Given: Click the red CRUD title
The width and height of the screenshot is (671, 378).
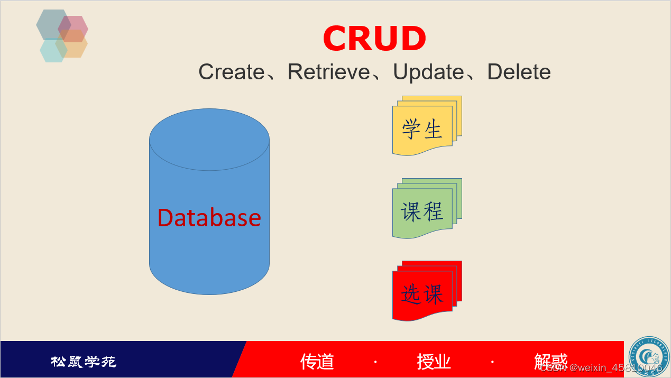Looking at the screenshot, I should tap(374, 39).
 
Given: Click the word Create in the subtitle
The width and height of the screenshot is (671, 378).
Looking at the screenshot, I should tap(231, 72).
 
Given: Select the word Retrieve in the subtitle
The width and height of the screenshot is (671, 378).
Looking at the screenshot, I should tap(328, 72).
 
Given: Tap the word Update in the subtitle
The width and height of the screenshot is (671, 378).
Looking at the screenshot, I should tap(428, 72).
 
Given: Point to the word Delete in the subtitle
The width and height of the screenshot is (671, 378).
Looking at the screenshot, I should tap(519, 72).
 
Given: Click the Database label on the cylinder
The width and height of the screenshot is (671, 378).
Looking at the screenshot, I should tap(209, 218).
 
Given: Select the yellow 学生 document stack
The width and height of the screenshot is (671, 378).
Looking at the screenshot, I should tap(423, 128).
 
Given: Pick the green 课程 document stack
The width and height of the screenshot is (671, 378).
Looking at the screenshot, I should tap(423, 211).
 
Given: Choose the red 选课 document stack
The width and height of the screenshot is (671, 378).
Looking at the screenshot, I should tap(423, 293).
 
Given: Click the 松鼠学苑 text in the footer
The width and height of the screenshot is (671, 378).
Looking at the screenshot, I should tap(84, 362).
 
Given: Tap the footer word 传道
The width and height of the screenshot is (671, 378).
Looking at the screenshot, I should tap(317, 362).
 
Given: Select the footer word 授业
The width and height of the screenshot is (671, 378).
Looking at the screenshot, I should tap(434, 362).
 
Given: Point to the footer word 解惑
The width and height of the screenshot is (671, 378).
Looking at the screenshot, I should tap(550, 362).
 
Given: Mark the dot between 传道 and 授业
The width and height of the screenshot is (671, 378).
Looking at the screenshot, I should tap(375, 362).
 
